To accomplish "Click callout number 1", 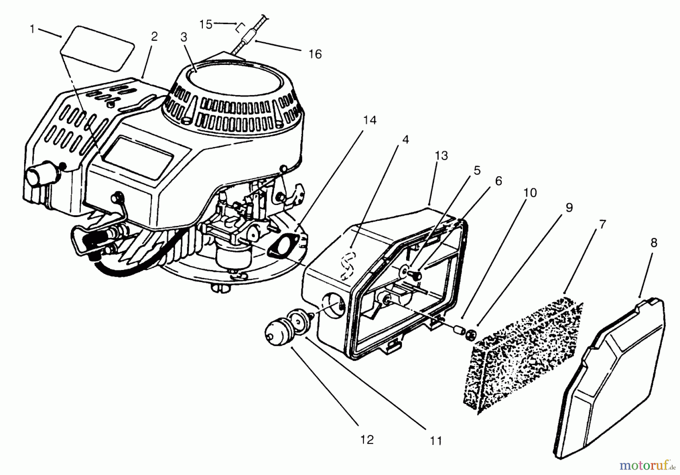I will (x=32, y=29).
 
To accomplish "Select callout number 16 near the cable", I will (x=315, y=54).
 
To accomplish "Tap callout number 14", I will (x=370, y=120).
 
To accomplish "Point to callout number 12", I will (x=367, y=440).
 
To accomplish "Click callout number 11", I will (x=436, y=440).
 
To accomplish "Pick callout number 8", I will (x=654, y=243).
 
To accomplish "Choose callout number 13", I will (x=441, y=156).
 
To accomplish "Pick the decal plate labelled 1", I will (x=98, y=47).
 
